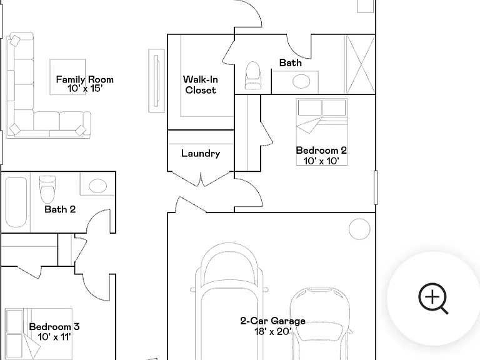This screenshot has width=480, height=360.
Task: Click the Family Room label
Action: (85, 79)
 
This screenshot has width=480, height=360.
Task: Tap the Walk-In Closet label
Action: (201, 85)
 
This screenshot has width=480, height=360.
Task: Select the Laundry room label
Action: (201, 153)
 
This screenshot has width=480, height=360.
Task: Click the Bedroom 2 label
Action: (321, 150)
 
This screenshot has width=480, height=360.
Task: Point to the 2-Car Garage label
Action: (272, 321)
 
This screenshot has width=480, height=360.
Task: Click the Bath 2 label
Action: (60, 209)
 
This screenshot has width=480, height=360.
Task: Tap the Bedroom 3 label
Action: (54, 327)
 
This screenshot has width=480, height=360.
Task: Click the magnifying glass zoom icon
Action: (433, 298)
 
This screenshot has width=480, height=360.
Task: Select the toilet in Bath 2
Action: (47, 189)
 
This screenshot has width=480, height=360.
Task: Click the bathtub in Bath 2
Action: (16, 202)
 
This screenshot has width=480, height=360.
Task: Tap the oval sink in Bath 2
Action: (97, 186)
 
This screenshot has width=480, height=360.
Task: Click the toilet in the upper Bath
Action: (253, 75)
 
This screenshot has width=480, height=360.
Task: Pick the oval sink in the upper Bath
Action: (301, 81)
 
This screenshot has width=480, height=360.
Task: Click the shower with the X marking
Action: (360, 64)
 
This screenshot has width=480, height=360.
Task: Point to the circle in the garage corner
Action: (359, 229)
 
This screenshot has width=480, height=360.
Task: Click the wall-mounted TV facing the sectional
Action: (156, 81)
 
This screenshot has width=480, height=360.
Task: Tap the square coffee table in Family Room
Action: (67, 77)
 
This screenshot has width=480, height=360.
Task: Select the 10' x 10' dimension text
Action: (321, 161)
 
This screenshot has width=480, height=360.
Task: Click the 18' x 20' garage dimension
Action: (272, 331)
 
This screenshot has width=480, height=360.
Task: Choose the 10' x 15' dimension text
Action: (85, 89)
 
